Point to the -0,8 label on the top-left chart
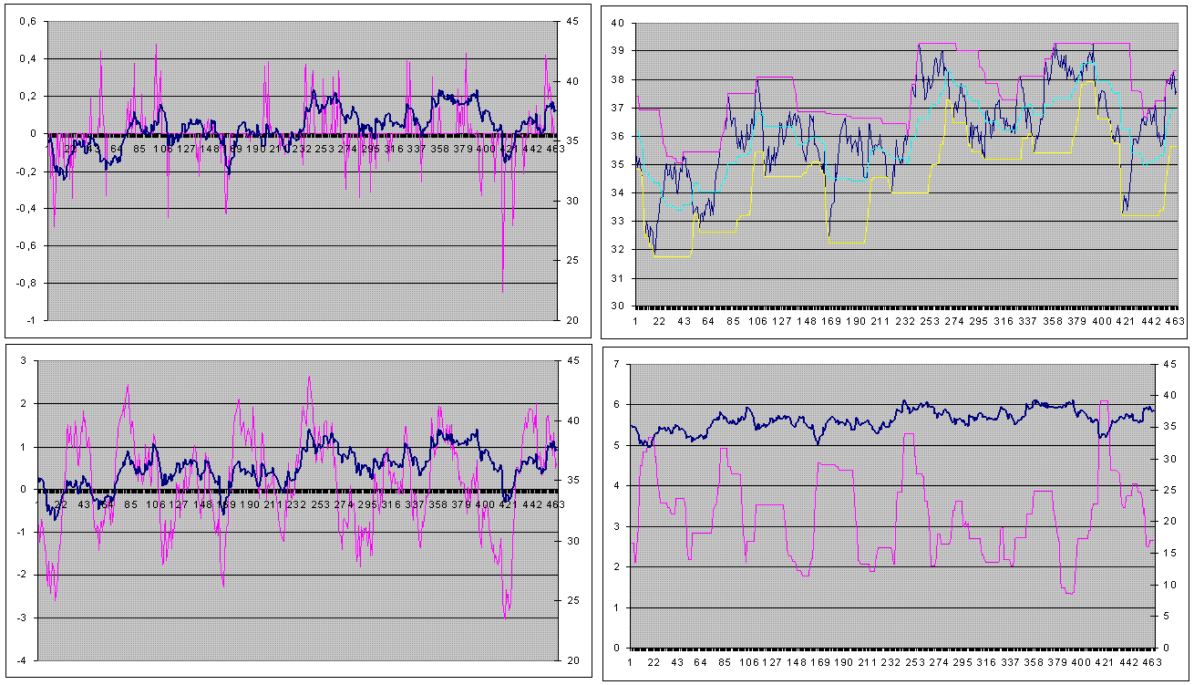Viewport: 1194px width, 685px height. tap(22, 283)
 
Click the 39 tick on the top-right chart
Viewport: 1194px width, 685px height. tap(617, 51)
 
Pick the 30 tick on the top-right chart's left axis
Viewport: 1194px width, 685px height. tap(617, 306)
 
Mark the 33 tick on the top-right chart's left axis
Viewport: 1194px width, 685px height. tap(617, 222)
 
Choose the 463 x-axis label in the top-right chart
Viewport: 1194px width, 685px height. tap(1174, 321)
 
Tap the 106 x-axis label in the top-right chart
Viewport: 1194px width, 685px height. tap(757, 321)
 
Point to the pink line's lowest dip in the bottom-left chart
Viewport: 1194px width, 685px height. tap(505, 618)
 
